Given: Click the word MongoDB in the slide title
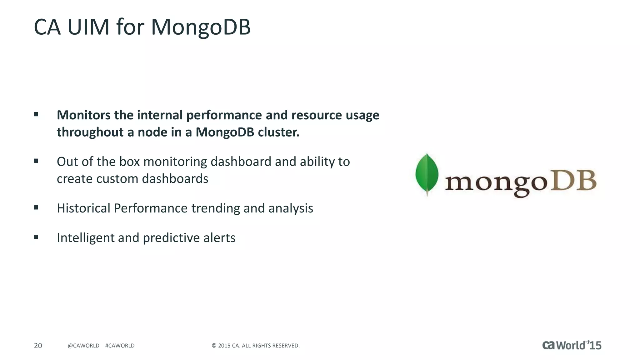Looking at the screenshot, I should [201, 27].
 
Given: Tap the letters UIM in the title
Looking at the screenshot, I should [88, 27].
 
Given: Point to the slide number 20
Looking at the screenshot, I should [38, 346].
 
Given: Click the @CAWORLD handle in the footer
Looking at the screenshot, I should [83, 346].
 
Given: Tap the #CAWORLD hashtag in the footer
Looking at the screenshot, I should [120, 346].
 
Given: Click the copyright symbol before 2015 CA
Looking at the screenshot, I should [214, 346].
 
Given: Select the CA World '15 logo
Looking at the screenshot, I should [572, 345].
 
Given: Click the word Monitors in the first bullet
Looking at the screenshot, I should [83, 115].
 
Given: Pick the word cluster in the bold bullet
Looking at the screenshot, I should [278, 132].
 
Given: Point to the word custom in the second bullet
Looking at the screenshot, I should [117, 179].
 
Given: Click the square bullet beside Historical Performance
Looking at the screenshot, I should [36, 207].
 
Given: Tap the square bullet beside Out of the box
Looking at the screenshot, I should [36, 161].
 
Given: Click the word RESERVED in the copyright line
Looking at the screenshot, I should [287, 346].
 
